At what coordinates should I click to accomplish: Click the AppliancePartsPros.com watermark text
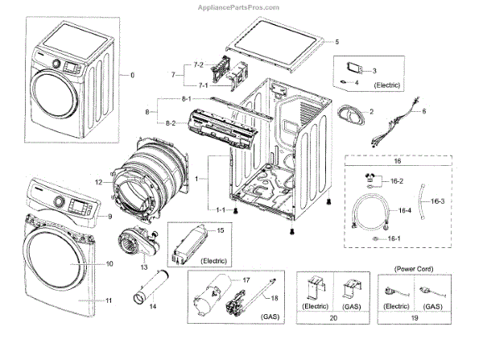tap(238, 7)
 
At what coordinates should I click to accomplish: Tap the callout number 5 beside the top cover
tap(337, 42)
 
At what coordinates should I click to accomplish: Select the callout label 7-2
tap(199, 64)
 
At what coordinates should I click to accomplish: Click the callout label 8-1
tap(187, 98)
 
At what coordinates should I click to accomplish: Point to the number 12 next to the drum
tap(98, 182)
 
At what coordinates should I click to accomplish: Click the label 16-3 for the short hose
tap(437, 201)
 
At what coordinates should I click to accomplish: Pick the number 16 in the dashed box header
tap(398, 161)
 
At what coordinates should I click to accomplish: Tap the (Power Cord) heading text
tap(414, 269)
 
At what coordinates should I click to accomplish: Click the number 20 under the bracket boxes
tap(333, 318)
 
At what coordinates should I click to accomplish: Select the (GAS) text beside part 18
tap(270, 317)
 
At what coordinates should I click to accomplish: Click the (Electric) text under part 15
tap(214, 261)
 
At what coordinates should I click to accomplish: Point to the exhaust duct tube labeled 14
tap(151, 287)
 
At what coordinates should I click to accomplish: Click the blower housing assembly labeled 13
tap(138, 242)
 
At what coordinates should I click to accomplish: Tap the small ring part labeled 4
tap(343, 82)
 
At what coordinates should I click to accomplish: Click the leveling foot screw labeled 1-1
tap(236, 211)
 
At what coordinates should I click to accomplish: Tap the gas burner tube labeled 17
tap(213, 294)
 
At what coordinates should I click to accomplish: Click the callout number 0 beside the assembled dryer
tap(133, 75)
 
